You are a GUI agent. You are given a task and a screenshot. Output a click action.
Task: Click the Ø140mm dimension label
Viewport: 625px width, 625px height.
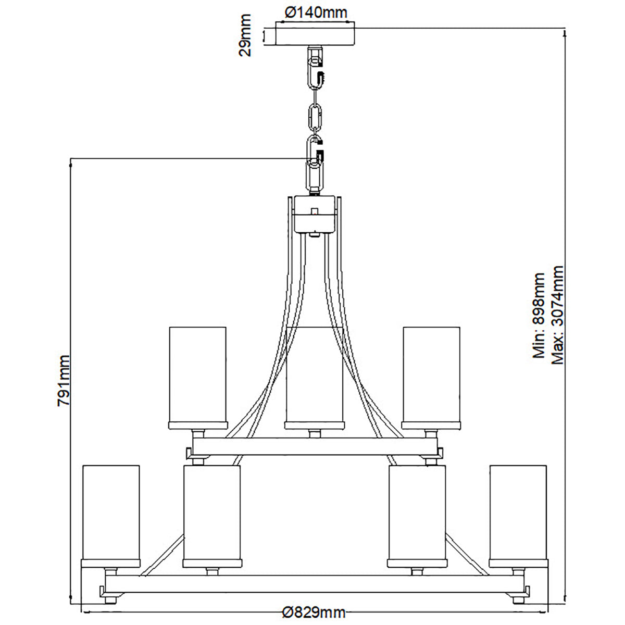pyautogui.click(x=316, y=12)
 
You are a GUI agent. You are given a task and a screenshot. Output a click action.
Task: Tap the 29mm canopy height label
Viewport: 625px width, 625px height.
pyautogui.click(x=245, y=35)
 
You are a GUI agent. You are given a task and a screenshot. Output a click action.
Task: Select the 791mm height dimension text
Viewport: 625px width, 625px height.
pyautogui.click(x=64, y=380)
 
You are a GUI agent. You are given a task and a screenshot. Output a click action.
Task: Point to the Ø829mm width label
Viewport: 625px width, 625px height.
pyautogui.click(x=314, y=611)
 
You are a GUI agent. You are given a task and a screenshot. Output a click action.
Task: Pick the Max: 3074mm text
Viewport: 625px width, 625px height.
pyautogui.click(x=557, y=315)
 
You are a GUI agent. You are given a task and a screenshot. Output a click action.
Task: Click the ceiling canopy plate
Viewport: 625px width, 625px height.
pyautogui.click(x=315, y=34)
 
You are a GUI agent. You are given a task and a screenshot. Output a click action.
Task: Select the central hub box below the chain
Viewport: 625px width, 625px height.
pyautogui.click(x=315, y=214)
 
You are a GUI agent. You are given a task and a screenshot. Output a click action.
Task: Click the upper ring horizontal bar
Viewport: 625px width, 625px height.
pyautogui.click(x=315, y=446)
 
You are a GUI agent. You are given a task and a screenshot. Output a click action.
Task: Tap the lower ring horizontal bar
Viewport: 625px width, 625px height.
pyautogui.click(x=315, y=584)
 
